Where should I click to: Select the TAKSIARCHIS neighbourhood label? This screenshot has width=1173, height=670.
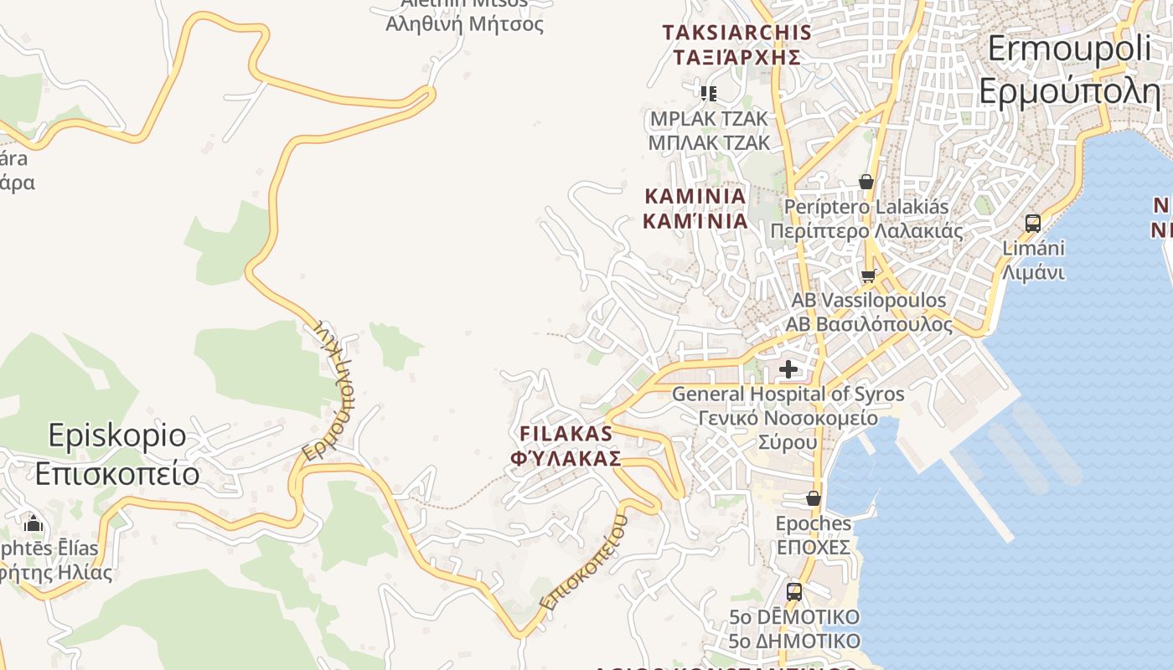(736, 44)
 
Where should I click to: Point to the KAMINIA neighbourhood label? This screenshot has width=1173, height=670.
(695, 208)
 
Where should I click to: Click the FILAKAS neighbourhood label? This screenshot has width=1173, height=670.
(566, 446)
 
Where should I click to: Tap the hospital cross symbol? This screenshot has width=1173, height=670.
(788, 368)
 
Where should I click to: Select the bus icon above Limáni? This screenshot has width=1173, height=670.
(1033, 224)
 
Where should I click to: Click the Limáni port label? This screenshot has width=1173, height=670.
(1033, 260)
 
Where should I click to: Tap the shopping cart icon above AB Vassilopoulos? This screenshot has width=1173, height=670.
(868, 276)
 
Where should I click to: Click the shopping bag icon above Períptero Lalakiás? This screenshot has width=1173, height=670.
(866, 182)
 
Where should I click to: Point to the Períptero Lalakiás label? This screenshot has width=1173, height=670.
(866, 218)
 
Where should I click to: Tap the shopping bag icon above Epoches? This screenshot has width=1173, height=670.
(813, 498)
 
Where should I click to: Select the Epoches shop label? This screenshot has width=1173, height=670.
(813, 535)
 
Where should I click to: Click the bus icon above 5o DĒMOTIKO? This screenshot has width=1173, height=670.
(793, 592)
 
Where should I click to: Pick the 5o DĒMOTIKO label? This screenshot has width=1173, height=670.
(793, 629)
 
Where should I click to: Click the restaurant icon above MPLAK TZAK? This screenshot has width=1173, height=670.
(709, 93)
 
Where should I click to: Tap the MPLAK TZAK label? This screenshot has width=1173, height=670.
(709, 131)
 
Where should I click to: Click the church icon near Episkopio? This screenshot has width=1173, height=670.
(34, 524)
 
